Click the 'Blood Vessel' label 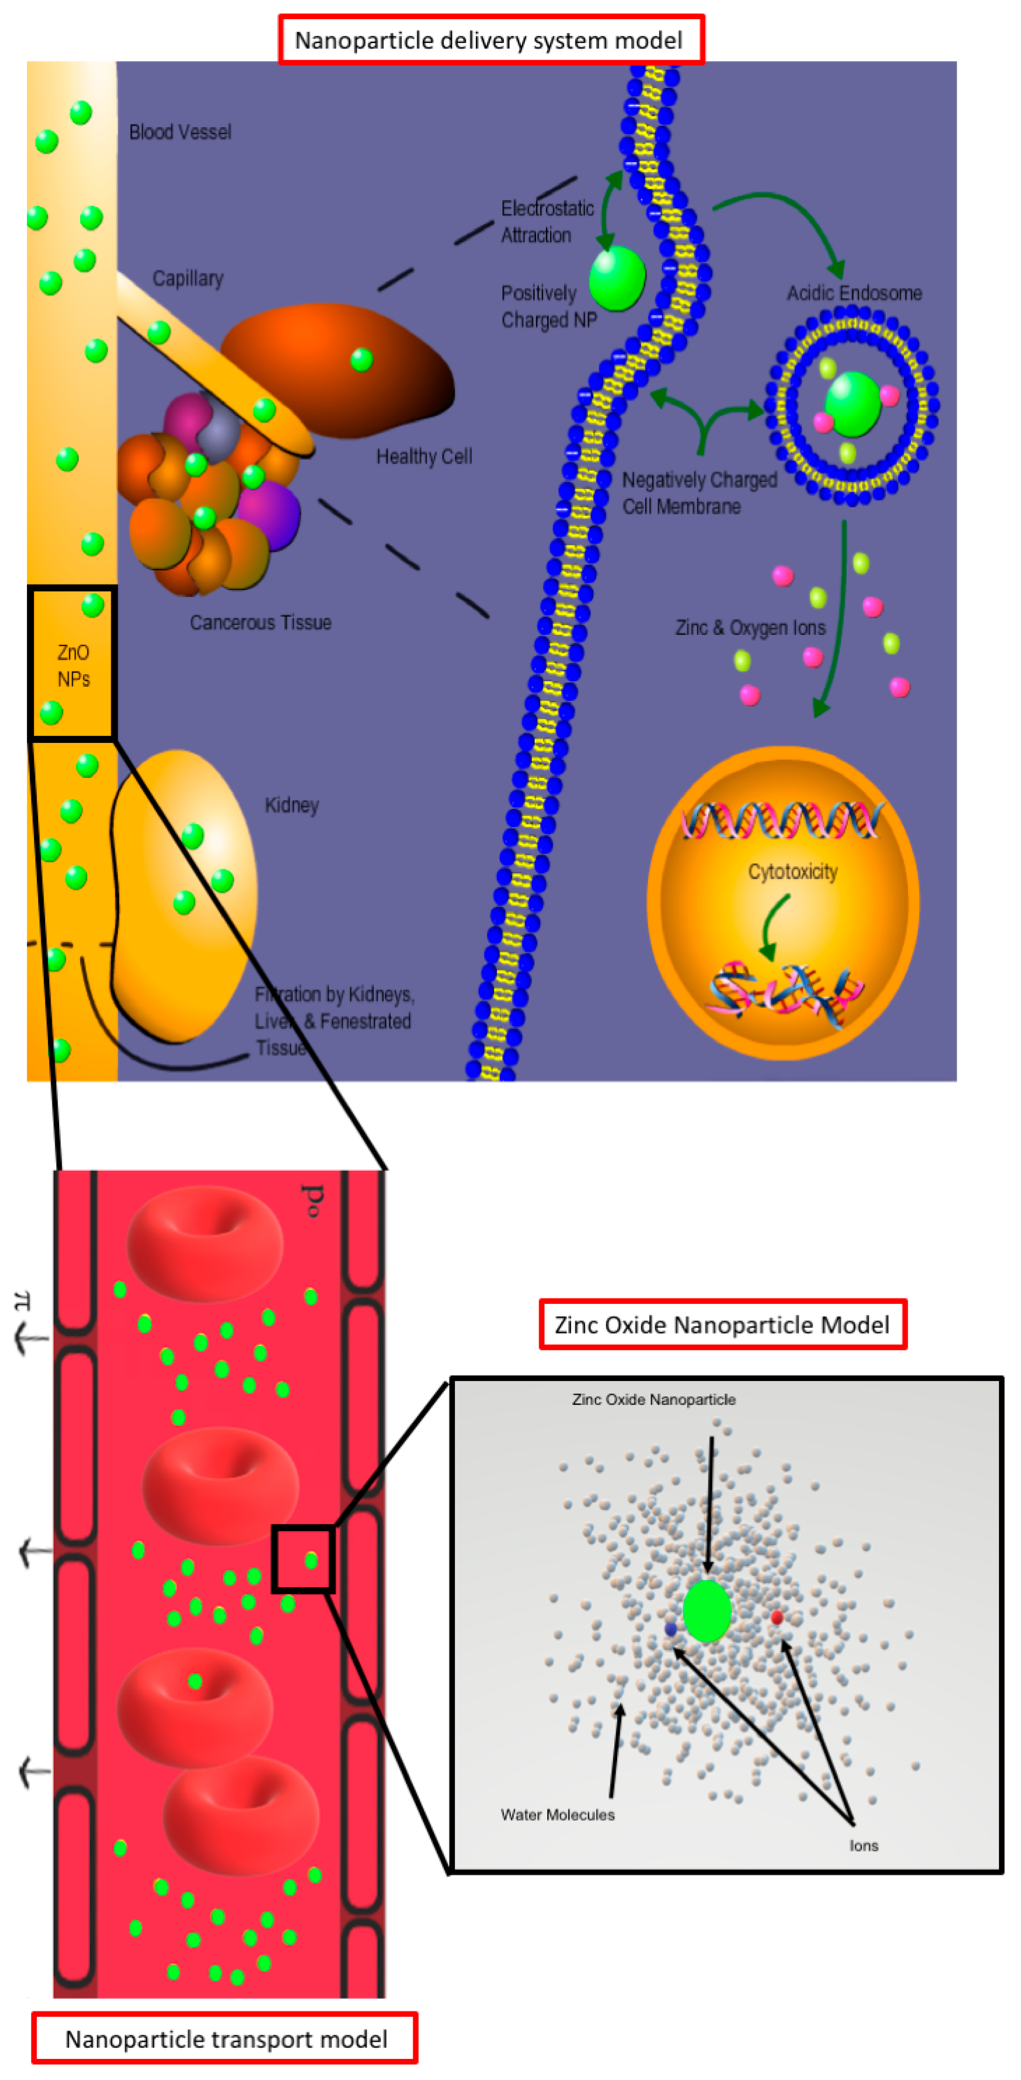(180, 132)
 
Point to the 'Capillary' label (188, 278)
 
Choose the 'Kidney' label (291, 805)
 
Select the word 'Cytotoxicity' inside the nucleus (792, 872)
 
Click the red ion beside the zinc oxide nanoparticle (776, 1617)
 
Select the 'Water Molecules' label (557, 1815)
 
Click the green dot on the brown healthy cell (362, 359)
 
